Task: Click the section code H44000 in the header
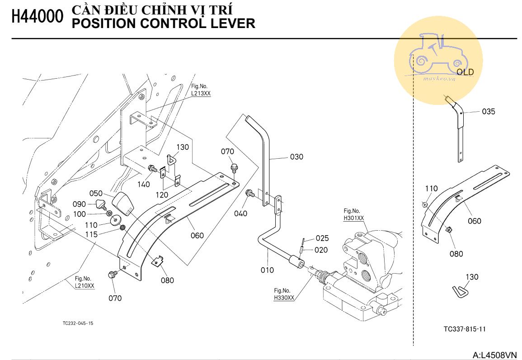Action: coord(37,17)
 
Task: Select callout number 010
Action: coord(267,270)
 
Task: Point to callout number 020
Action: coord(322,250)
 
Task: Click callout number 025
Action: coord(322,238)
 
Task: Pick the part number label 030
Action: coord(296,157)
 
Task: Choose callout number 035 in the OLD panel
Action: coord(488,112)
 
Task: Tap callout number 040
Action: coord(240,213)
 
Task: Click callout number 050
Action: coord(95,193)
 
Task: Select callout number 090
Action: coord(80,204)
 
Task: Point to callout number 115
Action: coord(92,234)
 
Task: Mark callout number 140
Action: coord(143,184)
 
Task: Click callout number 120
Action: coord(162,195)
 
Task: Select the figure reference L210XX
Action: coord(85,286)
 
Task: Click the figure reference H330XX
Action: coord(284,298)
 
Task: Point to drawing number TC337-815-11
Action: coord(465,329)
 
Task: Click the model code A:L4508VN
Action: coord(494,355)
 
